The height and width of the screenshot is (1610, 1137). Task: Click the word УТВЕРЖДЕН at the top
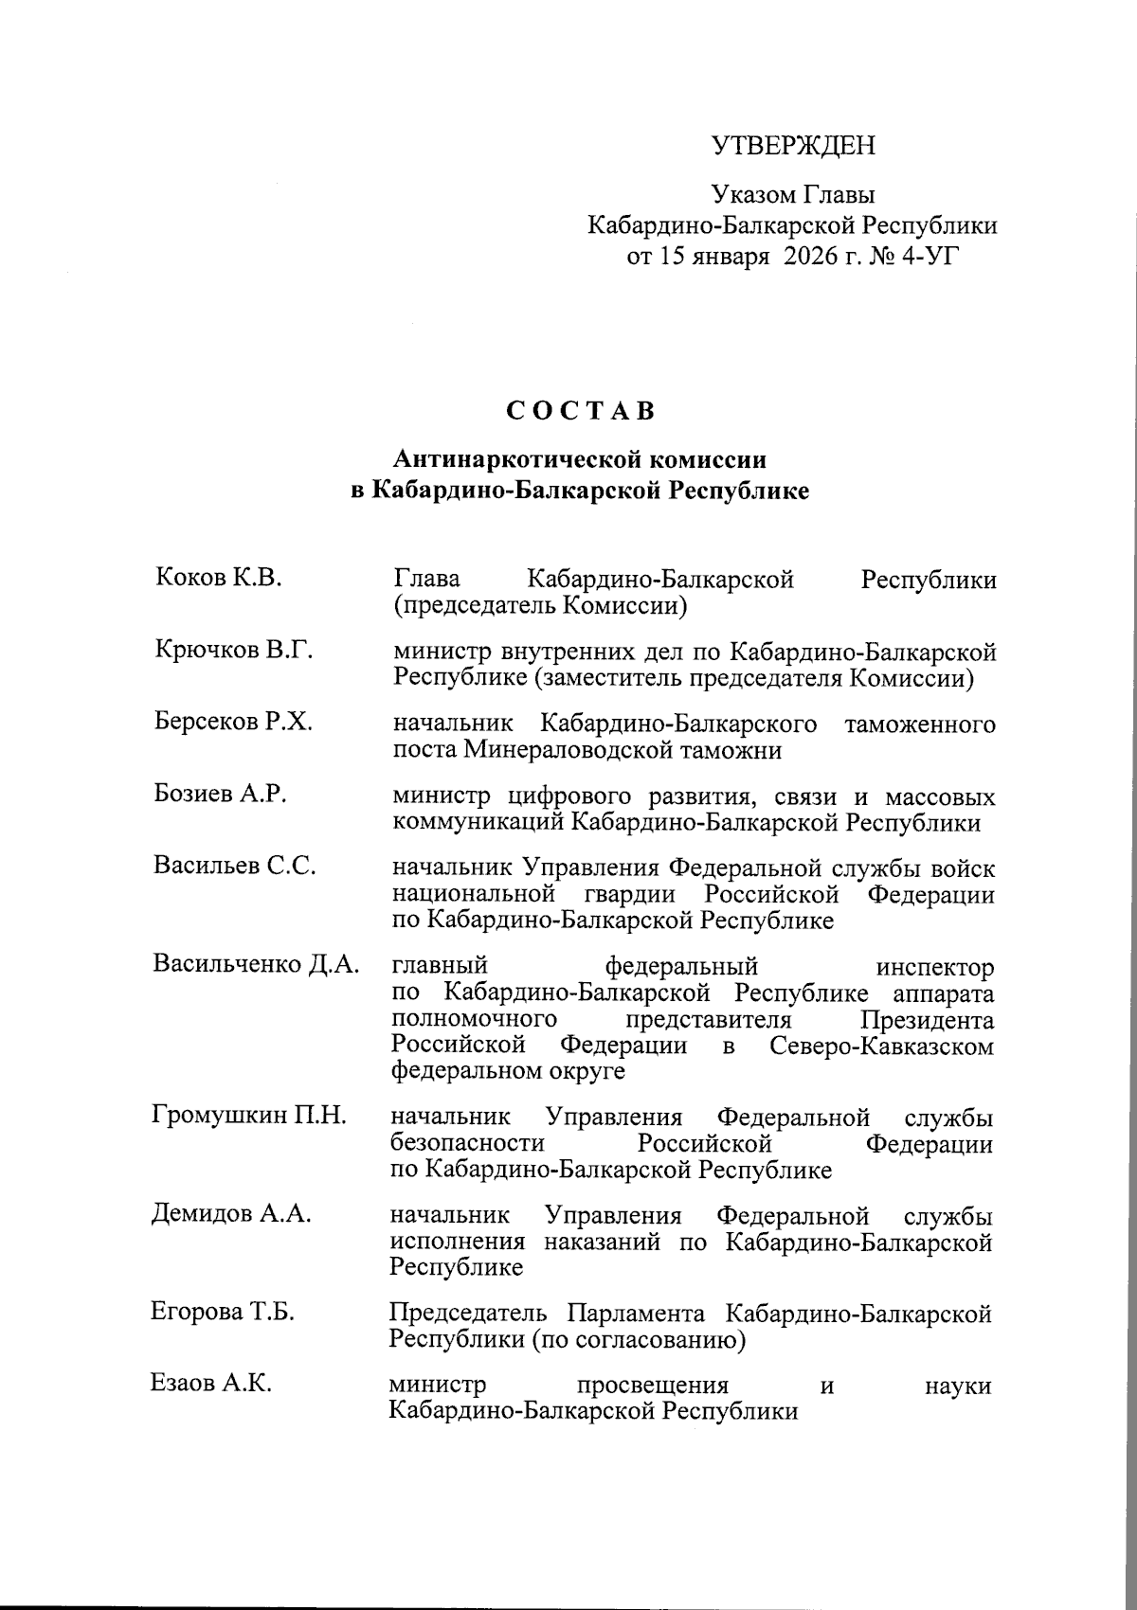click(x=793, y=145)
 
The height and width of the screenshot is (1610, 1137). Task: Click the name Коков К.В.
click(x=218, y=578)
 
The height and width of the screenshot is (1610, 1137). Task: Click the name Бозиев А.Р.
click(x=220, y=794)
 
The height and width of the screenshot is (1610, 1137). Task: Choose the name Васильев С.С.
click(x=234, y=866)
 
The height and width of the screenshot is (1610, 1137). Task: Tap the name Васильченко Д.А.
click(x=256, y=964)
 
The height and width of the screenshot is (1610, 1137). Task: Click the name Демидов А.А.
click(x=231, y=1214)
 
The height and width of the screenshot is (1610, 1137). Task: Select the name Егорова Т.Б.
click(x=223, y=1313)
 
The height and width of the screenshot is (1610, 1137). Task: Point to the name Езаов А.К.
click(x=211, y=1384)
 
